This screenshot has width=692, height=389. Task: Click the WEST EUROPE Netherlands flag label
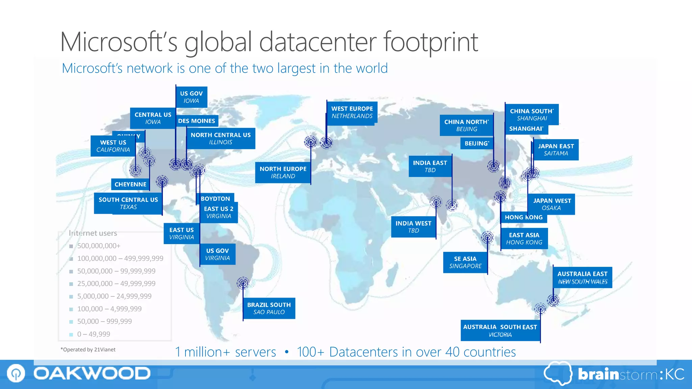point(352,112)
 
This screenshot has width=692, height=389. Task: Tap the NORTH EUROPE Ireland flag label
point(283,172)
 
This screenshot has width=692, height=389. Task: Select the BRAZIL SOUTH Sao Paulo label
point(269,308)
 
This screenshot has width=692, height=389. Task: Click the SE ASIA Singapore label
point(465,262)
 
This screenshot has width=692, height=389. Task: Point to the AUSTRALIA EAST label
point(582,277)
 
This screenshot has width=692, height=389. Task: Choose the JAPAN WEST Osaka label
point(552,204)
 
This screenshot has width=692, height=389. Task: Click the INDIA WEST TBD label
point(413,227)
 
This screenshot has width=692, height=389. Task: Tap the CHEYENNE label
point(130,184)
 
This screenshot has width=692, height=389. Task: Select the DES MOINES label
point(196,121)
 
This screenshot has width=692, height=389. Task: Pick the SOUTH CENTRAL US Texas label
point(128,203)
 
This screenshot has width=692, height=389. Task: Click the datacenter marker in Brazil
point(243,283)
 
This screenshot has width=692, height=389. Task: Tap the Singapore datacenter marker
point(487,237)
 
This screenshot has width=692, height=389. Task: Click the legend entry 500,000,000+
point(99,246)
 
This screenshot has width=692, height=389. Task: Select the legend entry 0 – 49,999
point(94,334)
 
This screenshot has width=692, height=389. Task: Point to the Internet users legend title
point(93,233)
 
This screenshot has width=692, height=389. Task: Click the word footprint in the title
point(431,42)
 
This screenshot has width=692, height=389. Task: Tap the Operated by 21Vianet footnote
point(88,349)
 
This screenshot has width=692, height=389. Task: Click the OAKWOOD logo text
point(92,373)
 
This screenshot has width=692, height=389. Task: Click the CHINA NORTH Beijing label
point(466,125)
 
